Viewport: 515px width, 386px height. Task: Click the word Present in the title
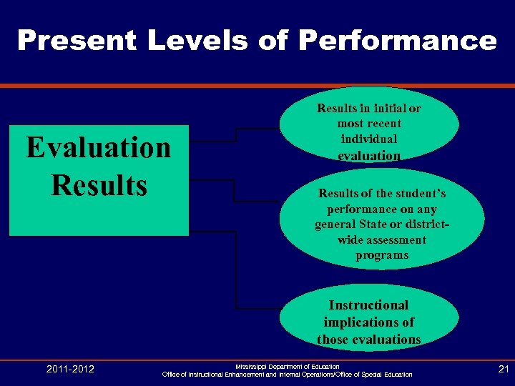(x=76, y=40)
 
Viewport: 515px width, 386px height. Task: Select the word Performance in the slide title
(x=397, y=40)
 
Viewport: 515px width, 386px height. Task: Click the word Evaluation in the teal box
(x=99, y=148)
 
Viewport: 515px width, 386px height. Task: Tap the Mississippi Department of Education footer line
(x=288, y=365)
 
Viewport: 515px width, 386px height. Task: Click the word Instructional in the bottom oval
(x=368, y=305)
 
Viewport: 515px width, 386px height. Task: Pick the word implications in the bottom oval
(x=368, y=322)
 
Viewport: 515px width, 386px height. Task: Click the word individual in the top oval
(x=368, y=139)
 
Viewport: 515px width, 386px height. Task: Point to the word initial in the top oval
(x=380, y=109)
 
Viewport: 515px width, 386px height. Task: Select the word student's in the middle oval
(x=420, y=194)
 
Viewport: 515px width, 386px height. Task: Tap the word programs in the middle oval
(x=382, y=255)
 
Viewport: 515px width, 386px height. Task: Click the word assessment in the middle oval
(x=398, y=240)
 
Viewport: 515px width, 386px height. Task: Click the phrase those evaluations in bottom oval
(x=368, y=340)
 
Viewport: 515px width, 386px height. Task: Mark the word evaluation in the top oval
(x=368, y=155)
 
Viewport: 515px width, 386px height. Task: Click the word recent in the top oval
(x=388, y=124)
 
